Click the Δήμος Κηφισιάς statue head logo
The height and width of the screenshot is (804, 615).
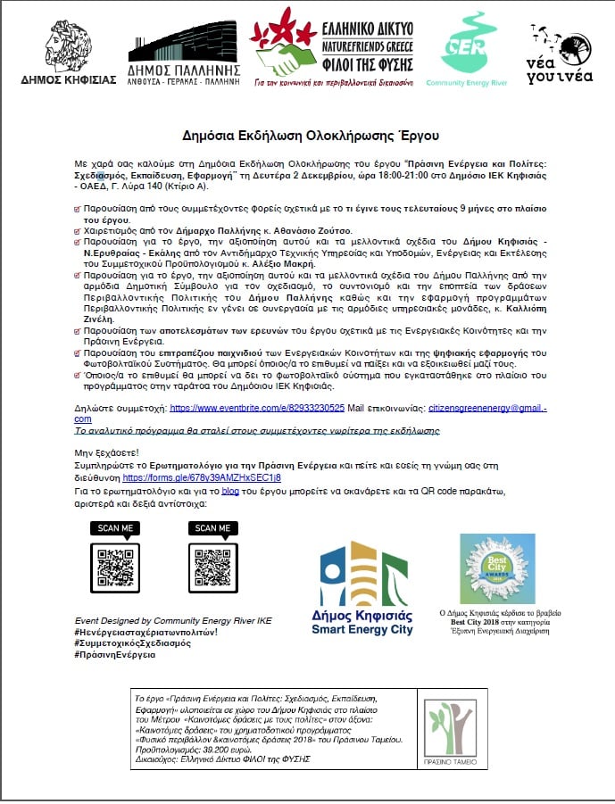69,45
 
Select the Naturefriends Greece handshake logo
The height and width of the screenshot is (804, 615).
287,45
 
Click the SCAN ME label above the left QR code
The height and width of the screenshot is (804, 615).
115,528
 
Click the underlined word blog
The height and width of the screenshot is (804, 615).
231,492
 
